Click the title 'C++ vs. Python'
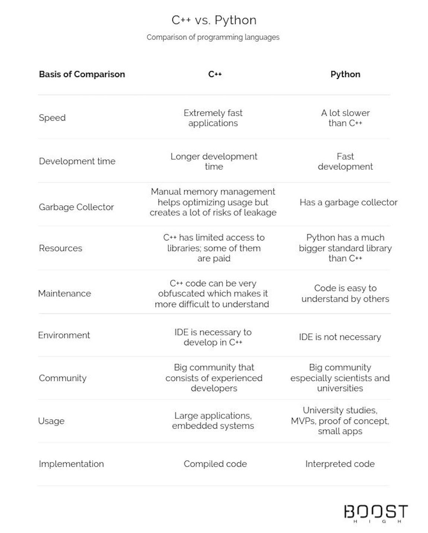(x=214, y=20)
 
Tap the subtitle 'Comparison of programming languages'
(x=213, y=37)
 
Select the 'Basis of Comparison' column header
(x=82, y=74)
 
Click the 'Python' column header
(x=345, y=74)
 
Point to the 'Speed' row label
(x=52, y=118)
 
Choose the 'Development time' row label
(x=77, y=161)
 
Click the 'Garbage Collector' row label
(x=76, y=207)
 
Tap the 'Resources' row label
(x=60, y=248)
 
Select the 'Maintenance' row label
(x=64, y=293)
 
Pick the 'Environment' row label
(x=64, y=335)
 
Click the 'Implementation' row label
(x=71, y=464)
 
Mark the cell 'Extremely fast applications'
(x=213, y=118)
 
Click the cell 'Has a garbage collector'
(x=348, y=202)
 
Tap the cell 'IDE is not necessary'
(x=340, y=337)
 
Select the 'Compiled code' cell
(x=215, y=464)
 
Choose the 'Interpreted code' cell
(x=340, y=464)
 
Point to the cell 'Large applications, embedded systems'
(x=213, y=421)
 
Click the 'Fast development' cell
(x=345, y=161)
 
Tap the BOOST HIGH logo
(x=376, y=513)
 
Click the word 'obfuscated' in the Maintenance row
(x=183, y=294)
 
